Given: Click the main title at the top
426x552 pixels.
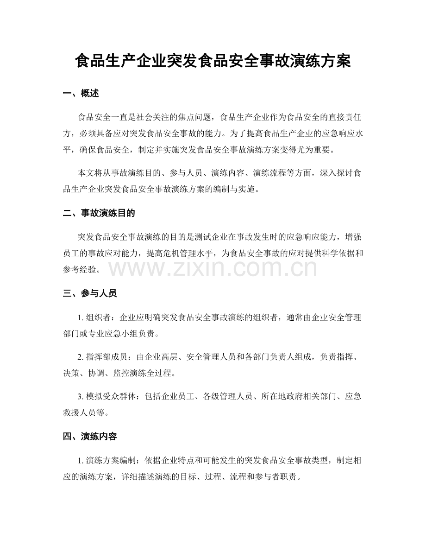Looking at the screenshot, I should [x=213, y=61].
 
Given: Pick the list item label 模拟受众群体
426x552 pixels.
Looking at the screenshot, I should [x=112, y=397].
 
